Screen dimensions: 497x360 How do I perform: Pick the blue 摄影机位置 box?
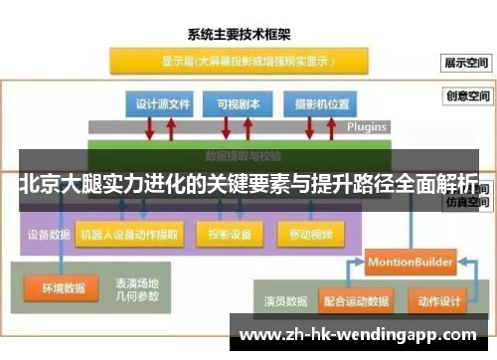pos(315,103)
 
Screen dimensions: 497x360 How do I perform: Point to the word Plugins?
pos(366,127)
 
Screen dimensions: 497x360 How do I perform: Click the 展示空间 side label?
pos(466,62)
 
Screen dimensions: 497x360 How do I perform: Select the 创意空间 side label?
pos(466,97)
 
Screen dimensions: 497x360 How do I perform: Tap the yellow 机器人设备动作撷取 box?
pos(129,236)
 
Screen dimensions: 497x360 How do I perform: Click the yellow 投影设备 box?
pos(230,236)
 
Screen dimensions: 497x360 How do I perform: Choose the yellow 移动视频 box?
pos(310,236)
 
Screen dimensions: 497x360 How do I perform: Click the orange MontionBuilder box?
pos(410,262)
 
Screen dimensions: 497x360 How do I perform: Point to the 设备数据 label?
pos(47,236)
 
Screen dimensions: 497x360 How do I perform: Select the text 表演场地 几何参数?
pos(136,289)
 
